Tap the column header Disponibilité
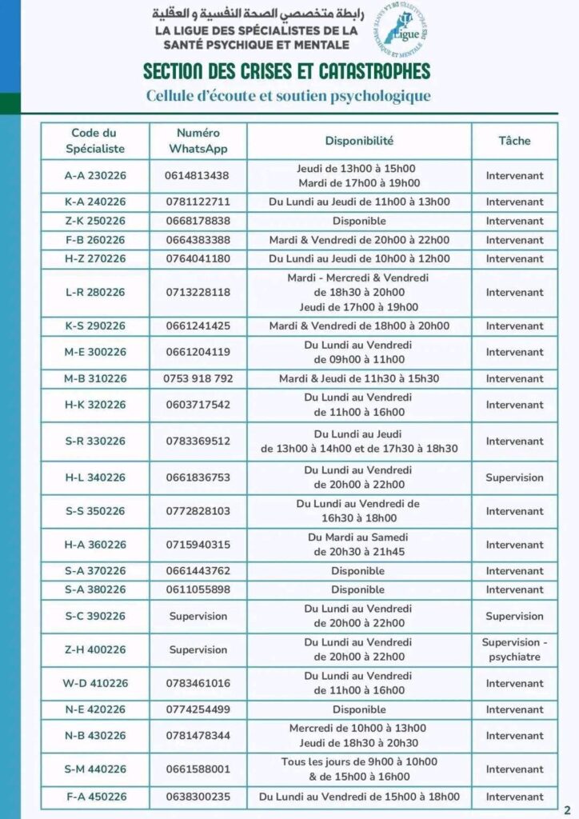point(359,141)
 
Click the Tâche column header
point(514,141)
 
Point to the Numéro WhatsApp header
point(198,141)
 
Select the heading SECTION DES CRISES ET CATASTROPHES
point(286,71)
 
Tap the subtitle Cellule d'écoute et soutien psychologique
point(288,96)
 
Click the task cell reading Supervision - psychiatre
point(514,649)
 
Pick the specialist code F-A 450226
point(95,797)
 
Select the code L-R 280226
point(95,292)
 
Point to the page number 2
point(567,808)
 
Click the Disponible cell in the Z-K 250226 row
point(359,221)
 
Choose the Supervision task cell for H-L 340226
point(514,477)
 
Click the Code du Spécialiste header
point(95,141)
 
